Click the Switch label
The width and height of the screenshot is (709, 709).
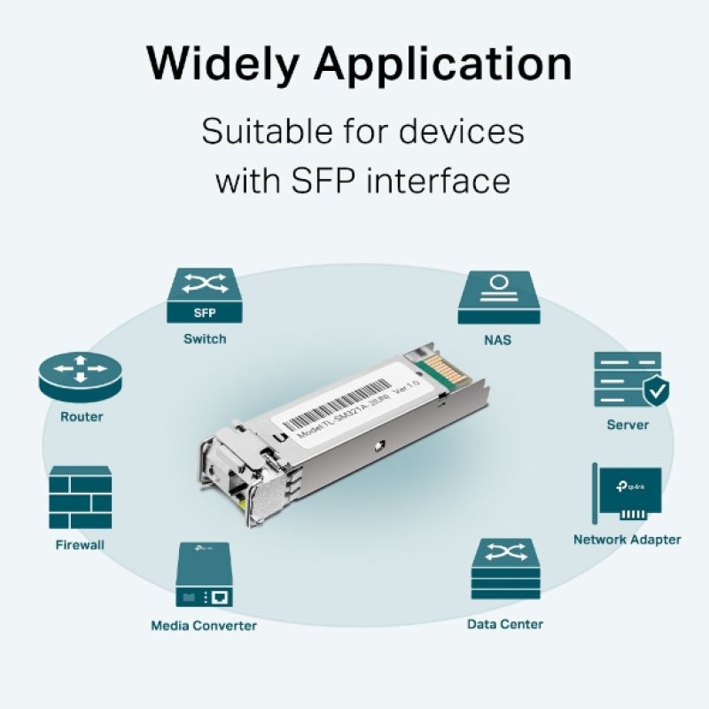coord(205,339)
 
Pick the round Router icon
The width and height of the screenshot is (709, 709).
coord(79,376)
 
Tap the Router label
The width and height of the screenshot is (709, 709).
coord(82,417)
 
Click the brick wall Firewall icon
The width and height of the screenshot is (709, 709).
coord(81,497)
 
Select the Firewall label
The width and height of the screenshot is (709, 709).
coord(81,545)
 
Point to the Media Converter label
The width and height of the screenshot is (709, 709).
coord(204,626)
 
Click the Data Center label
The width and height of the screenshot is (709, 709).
coord(505,624)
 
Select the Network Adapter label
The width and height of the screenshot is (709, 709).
coord(627,539)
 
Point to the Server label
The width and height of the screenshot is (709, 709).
coord(627,425)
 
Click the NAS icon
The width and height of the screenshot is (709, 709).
coord(499,298)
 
